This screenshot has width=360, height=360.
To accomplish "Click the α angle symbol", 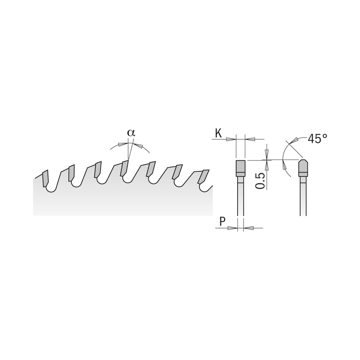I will (x=131, y=133).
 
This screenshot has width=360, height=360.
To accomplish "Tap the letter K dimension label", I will (x=218, y=133).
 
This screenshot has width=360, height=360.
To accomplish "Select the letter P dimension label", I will (x=222, y=222).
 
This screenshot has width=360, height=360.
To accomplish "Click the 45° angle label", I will (x=317, y=139).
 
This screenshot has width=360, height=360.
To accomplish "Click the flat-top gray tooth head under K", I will (x=241, y=167).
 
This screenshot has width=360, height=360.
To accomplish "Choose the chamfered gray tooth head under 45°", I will (x=303, y=167).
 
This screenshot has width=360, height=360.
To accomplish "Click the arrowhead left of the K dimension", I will (x=231, y=139).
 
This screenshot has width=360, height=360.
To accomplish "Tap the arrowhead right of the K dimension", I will (x=250, y=139).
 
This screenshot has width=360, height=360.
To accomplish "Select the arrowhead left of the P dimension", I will (x=232, y=228).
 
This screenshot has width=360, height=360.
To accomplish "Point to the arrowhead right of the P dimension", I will (x=249, y=228).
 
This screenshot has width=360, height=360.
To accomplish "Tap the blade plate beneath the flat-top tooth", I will (x=241, y=197).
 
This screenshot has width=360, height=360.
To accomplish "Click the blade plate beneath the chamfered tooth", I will (x=303, y=197).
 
